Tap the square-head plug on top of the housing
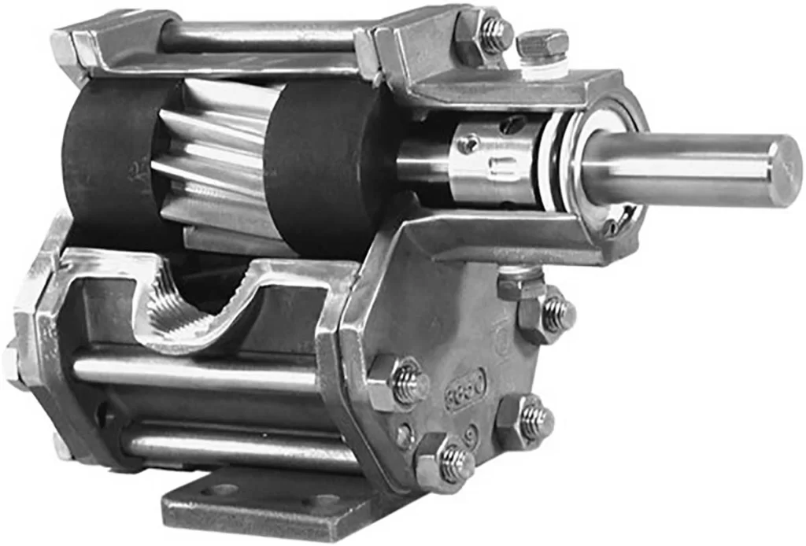point(542,44)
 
